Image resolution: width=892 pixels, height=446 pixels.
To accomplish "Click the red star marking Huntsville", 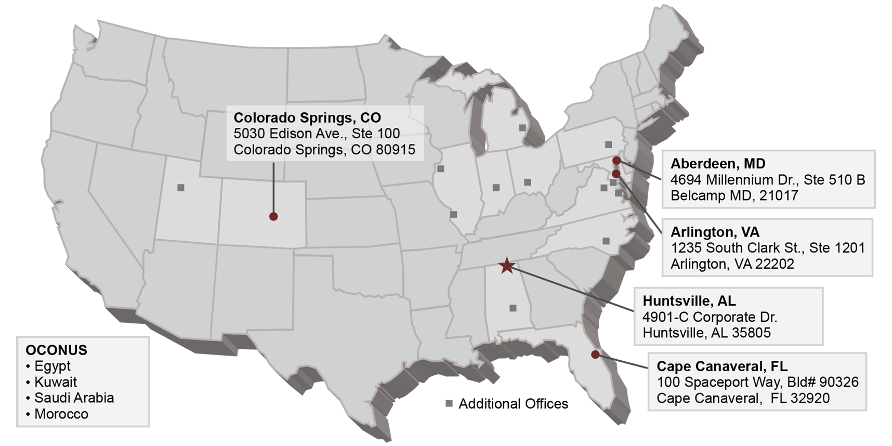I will [x=507, y=266].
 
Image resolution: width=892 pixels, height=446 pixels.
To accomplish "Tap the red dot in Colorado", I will [x=273, y=217].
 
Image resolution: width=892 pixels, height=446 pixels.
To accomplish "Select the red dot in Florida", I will [x=595, y=355].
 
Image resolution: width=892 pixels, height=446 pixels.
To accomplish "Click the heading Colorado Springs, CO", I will [x=307, y=117].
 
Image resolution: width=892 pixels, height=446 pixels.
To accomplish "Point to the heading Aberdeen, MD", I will [x=717, y=164].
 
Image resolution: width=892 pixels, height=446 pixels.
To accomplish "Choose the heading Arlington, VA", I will [x=715, y=232].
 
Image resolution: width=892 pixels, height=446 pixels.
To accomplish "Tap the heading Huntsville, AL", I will [x=689, y=301].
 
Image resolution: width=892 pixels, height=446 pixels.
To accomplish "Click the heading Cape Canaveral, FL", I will [x=722, y=366].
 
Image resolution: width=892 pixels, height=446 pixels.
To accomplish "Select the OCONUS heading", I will [x=56, y=350].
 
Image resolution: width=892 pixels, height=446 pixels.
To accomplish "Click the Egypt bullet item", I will [x=52, y=366].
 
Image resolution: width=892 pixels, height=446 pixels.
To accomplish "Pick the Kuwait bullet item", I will [x=55, y=382].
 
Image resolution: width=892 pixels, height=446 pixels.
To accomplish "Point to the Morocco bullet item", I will [x=61, y=414].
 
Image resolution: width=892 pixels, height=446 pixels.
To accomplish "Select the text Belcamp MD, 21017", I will [x=734, y=196].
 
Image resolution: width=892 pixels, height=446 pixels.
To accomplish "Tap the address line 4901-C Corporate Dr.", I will [x=710, y=317].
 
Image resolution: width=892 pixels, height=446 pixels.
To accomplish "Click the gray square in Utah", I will [x=181, y=188].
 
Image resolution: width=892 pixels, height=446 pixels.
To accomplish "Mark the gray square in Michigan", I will [x=522, y=128].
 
